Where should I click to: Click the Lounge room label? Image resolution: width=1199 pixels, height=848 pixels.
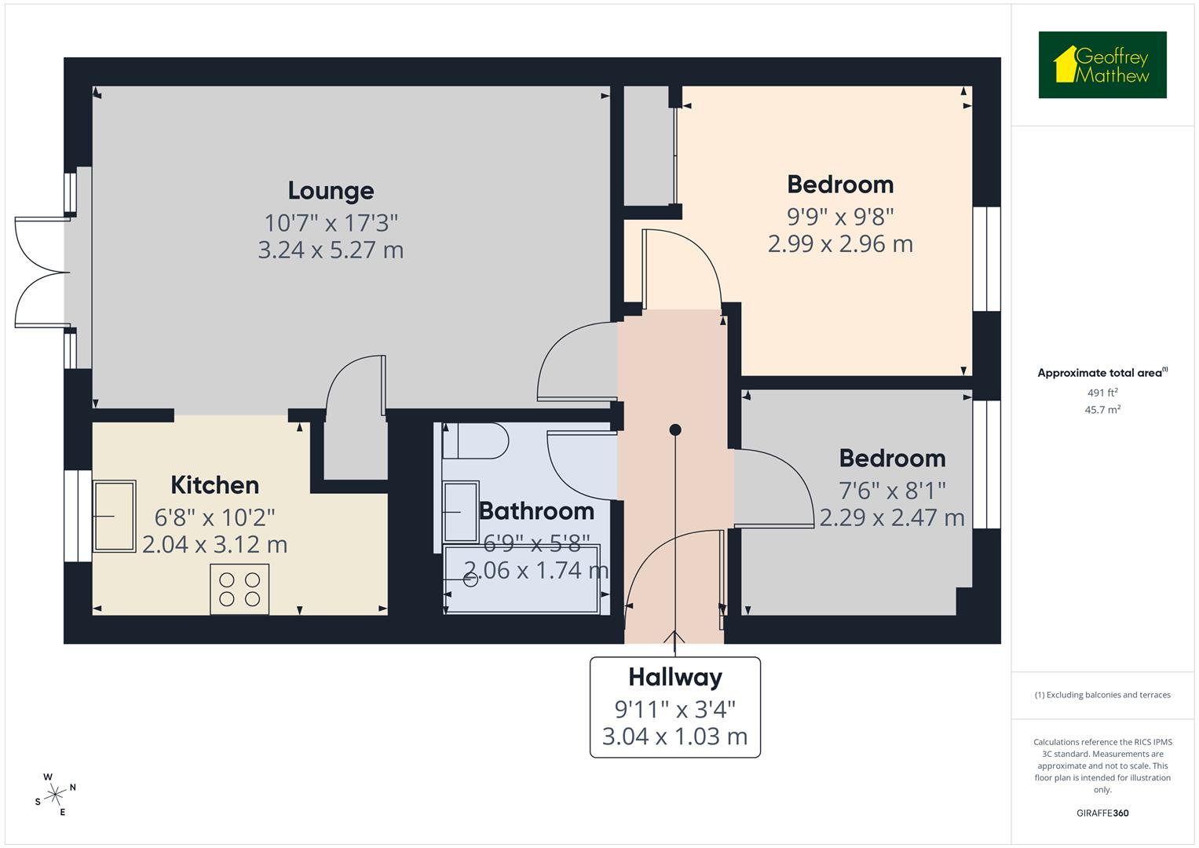pyautogui.click(x=331, y=191)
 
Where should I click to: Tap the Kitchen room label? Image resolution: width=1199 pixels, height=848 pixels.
pyautogui.click(x=214, y=485)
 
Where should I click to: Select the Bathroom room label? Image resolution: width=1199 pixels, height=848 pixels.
pyautogui.click(x=536, y=511)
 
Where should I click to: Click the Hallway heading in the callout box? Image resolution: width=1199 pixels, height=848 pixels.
pyautogui.click(x=674, y=677)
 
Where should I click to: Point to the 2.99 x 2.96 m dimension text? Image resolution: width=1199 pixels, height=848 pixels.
pyautogui.click(x=840, y=244)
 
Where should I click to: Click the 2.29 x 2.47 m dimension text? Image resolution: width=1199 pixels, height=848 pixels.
pyautogui.click(x=892, y=518)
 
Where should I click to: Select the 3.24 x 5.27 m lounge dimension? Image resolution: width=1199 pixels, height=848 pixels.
pyautogui.click(x=331, y=250)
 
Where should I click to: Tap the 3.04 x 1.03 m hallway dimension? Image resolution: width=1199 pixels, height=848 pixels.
pyautogui.click(x=674, y=737)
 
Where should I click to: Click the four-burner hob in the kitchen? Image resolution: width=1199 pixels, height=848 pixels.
pyautogui.click(x=239, y=589)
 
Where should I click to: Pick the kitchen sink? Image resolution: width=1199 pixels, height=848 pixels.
pyautogui.click(x=114, y=516)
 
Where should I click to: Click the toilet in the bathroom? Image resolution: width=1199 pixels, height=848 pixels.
pyautogui.click(x=474, y=441)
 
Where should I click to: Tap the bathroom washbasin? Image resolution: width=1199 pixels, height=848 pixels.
pyautogui.click(x=461, y=512)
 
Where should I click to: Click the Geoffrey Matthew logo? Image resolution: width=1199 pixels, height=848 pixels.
pyautogui.click(x=1102, y=65)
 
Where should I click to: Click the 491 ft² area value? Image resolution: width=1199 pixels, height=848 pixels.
pyautogui.click(x=1102, y=393)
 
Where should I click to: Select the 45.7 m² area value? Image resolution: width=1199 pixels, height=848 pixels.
pyautogui.click(x=1102, y=410)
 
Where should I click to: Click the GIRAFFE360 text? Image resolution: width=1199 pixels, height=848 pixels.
pyautogui.click(x=1102, y=813)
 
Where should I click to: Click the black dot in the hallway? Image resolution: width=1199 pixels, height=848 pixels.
pyautogui.click(x=675, y=429)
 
